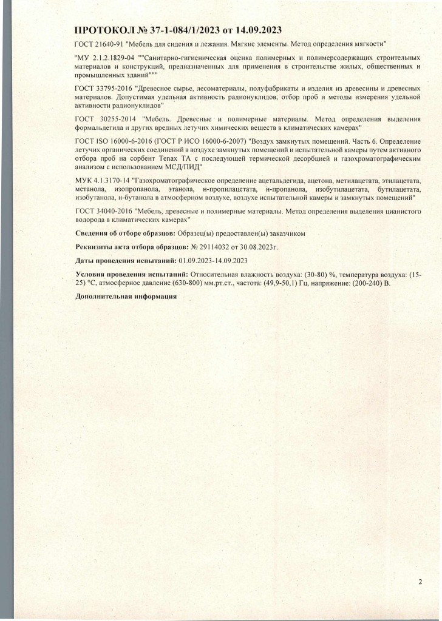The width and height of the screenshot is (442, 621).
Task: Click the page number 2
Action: (x=420, y=582)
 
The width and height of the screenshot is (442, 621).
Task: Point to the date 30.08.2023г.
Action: (x=262, y=247)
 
